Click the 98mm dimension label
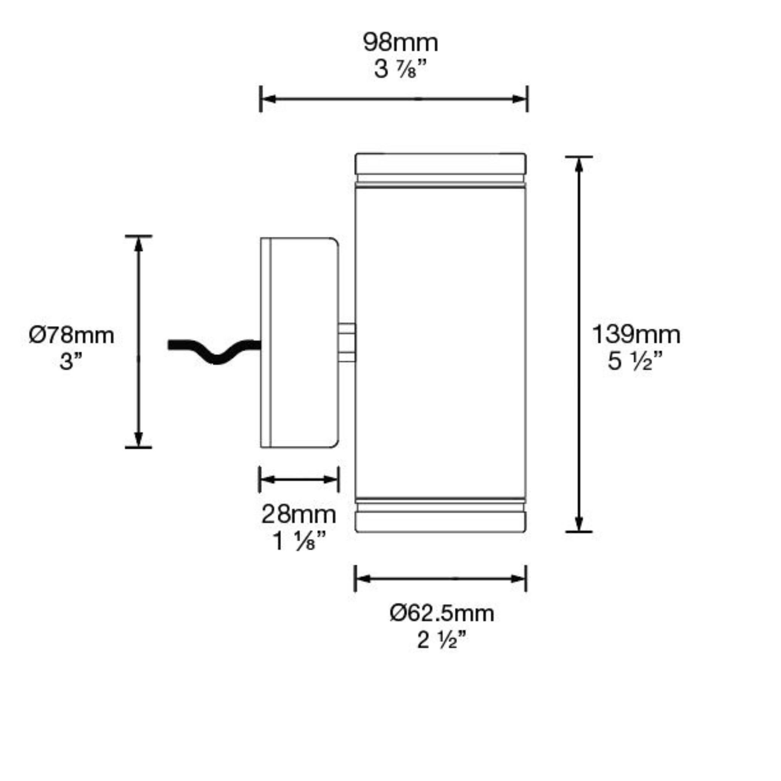[x=400, y=43]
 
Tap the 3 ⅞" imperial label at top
[x=400, y=69]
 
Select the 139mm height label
[x=636, y=335]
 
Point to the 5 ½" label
[x=635, y=361]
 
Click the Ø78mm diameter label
[x=72, y=336]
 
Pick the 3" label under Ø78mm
[x=71, y=361]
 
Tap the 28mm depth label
[x=298, y=514]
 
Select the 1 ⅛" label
[x=299, y=541]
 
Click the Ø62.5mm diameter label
[x=442, y=614]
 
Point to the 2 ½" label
[x=442, y=640]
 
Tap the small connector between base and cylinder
[x=347, y=342]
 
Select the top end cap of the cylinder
[x=440, y=163]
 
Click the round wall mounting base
[x=299, y=342]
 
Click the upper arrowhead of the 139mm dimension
[x=579, y=165]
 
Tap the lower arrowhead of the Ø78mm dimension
[x=139, y=439]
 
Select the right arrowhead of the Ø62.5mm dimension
[x=518, y=579]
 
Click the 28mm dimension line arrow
[x=299, y=479]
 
